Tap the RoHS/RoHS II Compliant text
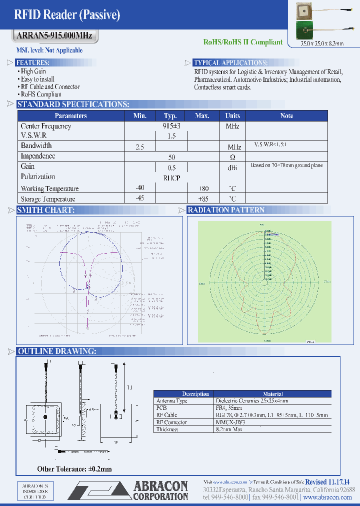(x=243, y=42)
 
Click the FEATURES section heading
(x=33, y=62)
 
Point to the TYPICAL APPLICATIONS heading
(x=230, y=62)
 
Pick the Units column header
(x=232, y=115)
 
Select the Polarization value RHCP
(x=171, y=177)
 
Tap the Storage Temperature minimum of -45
(x=139, y=198)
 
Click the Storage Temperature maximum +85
(x=202, y=198)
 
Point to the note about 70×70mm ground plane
(x=286, y=165)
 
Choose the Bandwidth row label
(x=36, y=146)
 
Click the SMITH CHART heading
(x=46, y=210)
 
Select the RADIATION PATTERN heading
(x=226, y=210)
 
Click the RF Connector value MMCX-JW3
(x=230, y=422)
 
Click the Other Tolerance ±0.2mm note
(x=74, y=469)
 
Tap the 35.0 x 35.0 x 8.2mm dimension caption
(x=322, y=44)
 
